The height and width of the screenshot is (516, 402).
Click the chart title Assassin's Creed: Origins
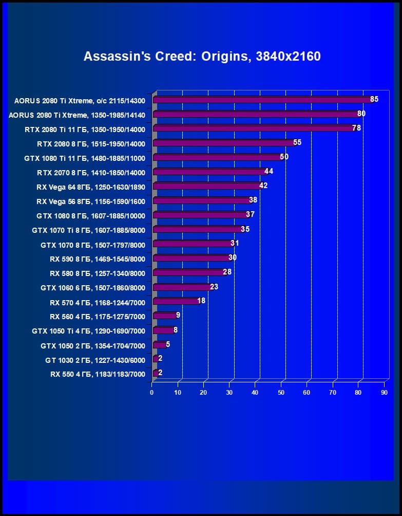click(x=202, y=56)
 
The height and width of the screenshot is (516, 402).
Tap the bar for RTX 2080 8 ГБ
click(x=223, y=143)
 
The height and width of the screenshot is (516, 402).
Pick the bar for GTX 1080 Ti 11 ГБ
click(x=217, y=157)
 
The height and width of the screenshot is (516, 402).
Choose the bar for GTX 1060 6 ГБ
click(x=182, y=287)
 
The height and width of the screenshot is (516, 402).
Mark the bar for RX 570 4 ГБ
click(x=176, y=301)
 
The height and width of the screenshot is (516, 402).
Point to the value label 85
click(x=374, y=99)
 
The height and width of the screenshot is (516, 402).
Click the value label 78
click(x=356, y=128)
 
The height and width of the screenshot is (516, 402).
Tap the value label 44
click(x=269, y=171)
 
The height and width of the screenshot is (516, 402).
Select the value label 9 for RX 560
click(x=178, y=315)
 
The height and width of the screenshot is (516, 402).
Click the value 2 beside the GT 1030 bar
click(x=160, y=358)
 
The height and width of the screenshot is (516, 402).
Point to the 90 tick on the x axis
click(x=384, y=393)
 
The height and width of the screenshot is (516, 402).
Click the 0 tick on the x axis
click(x=152, y=393)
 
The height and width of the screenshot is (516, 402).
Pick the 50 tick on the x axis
click(x=281, y=393)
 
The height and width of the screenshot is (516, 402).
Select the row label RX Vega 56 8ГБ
click(x=91, y=201)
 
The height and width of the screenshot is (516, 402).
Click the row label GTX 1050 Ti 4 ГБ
click(x=88, y=331)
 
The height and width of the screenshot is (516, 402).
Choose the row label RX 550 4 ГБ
click(x=98, y=374)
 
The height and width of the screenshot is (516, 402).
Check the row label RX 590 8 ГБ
click(x=98, y=259)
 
